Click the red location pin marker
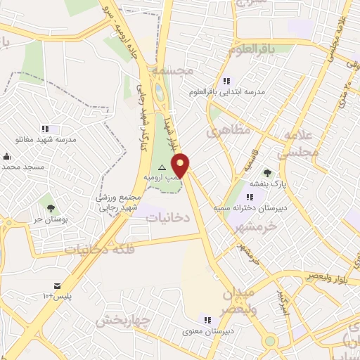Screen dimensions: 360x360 click(x=181, y=165)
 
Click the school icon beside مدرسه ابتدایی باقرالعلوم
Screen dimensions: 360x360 click(x=226, y=81)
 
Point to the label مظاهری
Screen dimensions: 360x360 click(x=224, y=131)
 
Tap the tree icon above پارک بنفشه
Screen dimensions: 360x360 click(x=266, y=172)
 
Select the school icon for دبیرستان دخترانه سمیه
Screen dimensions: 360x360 click(x=250, y=197)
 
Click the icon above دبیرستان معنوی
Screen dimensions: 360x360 click(x=205, y=319)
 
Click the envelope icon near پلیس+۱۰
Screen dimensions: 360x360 click(x=56, y=286)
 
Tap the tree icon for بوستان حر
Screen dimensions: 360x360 click(x=51, y=208)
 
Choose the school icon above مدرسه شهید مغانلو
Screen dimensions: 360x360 click(x=45, y=129)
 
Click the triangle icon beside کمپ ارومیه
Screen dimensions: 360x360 click(x=162, y=167)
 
